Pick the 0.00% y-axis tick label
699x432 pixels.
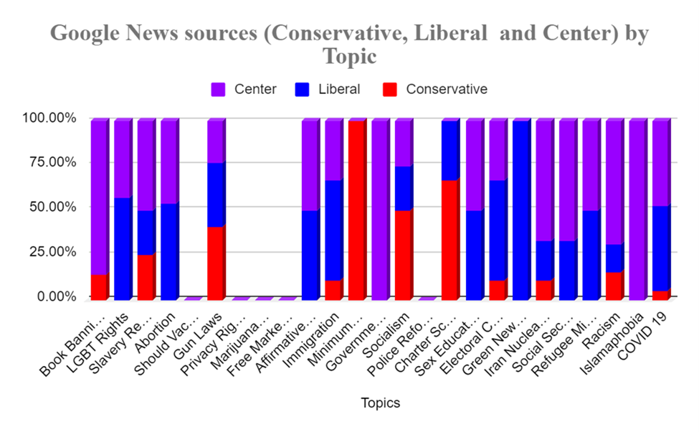coord(47,296)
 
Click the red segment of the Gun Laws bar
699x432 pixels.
coord(215,263)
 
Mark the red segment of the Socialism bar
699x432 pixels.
coord(403,255)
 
